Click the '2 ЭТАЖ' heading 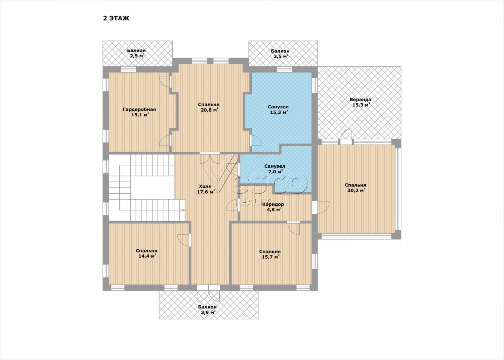tap(116, 18)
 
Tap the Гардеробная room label tap(139, 110)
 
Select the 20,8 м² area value tap(210, 110)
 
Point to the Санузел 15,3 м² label tap(278, 110)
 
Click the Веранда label tap(361, 99)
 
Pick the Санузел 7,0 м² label tap(275, 169)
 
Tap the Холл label tap(205, 187)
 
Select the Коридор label tap(273, 204)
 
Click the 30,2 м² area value tap(355, 191)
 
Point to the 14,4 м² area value tap(148, 256)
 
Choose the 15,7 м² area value tap(271, 257)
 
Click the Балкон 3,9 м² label tap(207, 310)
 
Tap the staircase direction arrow tap(182, 210)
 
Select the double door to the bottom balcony tap(209, 293)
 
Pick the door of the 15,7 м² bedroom tap(294, 228)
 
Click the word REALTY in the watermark tap(252, 201)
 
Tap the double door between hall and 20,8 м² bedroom tap(210, 158)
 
